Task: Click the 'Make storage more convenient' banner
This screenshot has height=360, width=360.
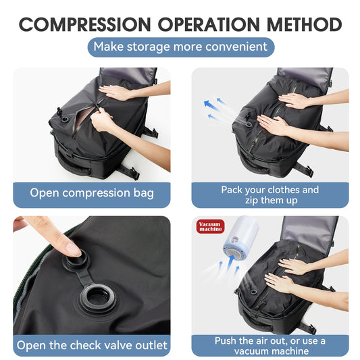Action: click(180, 47)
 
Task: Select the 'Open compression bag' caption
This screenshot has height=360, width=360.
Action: click(92, 193)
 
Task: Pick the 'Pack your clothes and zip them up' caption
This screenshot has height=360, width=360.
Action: click(269, 195)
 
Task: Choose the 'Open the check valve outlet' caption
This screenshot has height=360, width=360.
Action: click(92, 346)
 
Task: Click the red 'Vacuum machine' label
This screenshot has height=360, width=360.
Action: click(209, 226)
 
